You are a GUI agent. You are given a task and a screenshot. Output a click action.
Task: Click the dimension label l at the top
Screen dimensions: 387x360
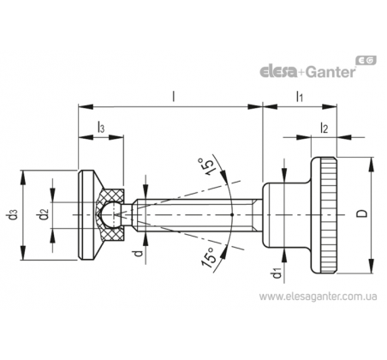click(x=174, y=96)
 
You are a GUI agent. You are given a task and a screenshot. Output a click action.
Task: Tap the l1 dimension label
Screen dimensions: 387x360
click(x=299, y=97)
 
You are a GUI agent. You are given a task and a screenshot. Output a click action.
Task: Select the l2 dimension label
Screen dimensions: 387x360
click(x=324, y=128)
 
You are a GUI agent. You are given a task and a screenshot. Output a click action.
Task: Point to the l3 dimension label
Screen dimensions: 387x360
click(x=101, y=128)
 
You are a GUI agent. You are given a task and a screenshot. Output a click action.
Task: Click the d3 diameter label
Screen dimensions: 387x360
click(x=13, y=215)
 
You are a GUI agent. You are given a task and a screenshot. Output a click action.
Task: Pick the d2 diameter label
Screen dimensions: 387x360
click(x=45, y=215)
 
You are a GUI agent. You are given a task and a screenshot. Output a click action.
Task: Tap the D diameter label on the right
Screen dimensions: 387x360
click(x=362, y=213)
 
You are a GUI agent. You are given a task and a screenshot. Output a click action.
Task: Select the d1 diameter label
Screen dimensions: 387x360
click(x=277, y=273)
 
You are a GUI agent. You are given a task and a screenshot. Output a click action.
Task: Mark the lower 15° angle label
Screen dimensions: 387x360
click(x=209, y=257)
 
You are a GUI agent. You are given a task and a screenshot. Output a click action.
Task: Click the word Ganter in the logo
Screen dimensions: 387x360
click(x=330, y=72)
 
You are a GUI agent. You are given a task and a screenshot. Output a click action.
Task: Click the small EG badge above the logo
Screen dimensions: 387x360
click(x=366, y=60)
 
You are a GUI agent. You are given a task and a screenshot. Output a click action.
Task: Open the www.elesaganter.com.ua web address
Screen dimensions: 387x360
click(x=318, y=297)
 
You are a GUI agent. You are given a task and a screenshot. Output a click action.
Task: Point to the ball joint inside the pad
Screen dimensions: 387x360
click(x=110, y=214)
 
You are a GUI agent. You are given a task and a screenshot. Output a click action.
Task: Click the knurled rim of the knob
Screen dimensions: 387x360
click(x=328, y=214)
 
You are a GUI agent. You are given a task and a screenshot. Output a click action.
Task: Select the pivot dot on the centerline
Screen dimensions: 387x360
click(x=232, y=214)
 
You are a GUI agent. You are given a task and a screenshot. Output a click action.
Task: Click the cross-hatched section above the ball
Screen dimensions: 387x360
click(x=112, y=195)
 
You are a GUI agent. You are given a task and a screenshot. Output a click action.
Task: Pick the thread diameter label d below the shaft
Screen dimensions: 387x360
click(x=138, y=253)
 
